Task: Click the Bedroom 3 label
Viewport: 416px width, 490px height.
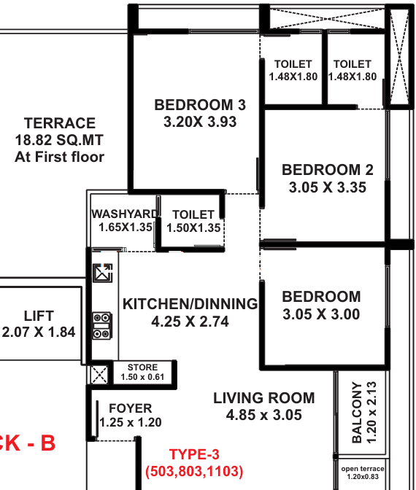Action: pyautogui.click(x=200, y=105)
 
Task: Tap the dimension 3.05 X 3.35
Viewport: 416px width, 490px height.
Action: pyautogui.click(x=328, y=187)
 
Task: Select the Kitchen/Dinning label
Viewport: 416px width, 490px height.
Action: pyautogui.click(x=190, y=304)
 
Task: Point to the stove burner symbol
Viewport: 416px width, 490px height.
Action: pyautogui.click(x=101, y=326)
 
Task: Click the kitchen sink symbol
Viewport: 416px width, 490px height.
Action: pyautogui.click(x=103, y=273)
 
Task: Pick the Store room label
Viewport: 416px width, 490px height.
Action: pyautogui.click(x=142, y=367)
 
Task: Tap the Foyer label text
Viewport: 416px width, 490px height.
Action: pyautogui.click(x=131, y=408)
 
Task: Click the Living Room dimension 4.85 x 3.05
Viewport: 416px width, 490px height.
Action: pyautogui.click(x=264, y=415)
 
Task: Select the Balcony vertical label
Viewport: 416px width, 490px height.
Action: pyautogui.click(x=357, y=412)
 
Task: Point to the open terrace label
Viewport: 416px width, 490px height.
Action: pyautogui.click(x=363, y=469)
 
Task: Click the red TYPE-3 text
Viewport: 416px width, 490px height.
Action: pyautogui.click(x=194, y=454)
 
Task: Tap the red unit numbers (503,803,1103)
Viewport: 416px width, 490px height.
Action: pyautogui.click(x=194, y=471)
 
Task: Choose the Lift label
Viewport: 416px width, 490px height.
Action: pyautogui.click(x=39, y=316)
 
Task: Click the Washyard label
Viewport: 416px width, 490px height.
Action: pyautogui.click(x=125, y=214)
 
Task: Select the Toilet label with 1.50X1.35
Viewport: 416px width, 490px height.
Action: pyautogui.click(x=193, y=214)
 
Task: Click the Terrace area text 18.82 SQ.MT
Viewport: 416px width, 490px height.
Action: pyautogui.click(x=59, y=140)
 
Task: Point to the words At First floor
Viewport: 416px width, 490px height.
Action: pyautogui.click(x=59, y=157)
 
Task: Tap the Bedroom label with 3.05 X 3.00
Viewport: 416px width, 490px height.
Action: pyautogui.click(x=321, y=297)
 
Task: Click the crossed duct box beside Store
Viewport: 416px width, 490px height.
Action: pyautogui.click(x=99, y=375)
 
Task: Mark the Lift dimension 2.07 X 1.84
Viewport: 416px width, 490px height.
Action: pyautogui.click(x=39, y=332)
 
